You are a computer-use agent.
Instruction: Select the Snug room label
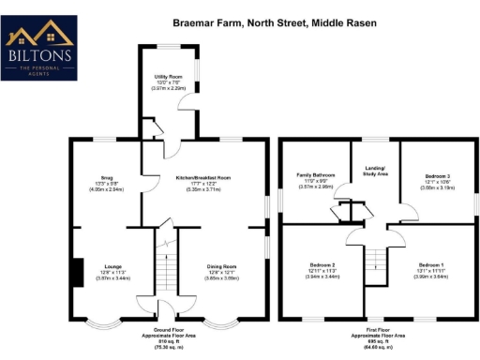tap(106, 177)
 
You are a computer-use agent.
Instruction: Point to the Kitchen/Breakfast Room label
tap(202, 177)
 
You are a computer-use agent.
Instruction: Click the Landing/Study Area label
tap(375, 171)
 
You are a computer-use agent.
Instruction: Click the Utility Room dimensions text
tap(169, 87)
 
